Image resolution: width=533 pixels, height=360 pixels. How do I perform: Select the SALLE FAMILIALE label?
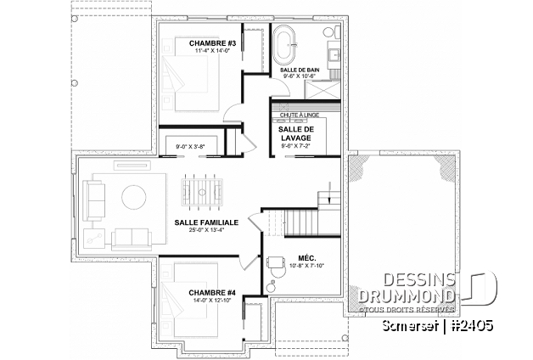click(x=206, y=222)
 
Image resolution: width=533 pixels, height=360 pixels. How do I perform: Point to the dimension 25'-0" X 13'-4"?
click(x=206, y=230)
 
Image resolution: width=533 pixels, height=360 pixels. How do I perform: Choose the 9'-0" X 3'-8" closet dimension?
click(x=191, y=146)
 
